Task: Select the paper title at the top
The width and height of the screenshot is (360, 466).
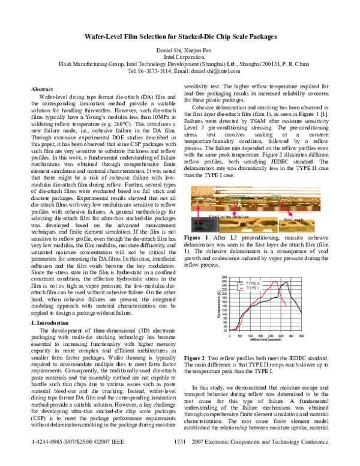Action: (179, 37)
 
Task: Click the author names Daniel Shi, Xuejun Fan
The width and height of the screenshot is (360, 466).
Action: (179, 49)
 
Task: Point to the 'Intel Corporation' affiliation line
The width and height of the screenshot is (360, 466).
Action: (179, 56)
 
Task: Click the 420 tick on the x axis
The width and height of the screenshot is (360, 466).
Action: (302, 336)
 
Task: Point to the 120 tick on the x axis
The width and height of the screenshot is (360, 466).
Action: (251, 336)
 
